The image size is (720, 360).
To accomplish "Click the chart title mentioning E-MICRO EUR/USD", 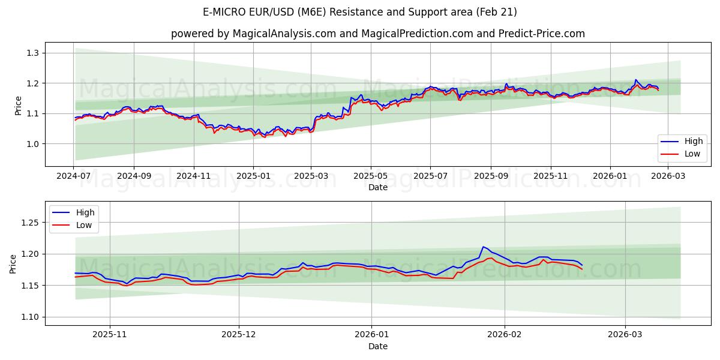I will coord(360,12).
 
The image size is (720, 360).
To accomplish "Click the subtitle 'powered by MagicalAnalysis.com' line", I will coord(378,34).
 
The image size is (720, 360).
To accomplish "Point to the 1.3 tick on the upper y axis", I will coord(32,53).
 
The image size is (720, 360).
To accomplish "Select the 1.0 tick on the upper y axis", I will coord(32,144).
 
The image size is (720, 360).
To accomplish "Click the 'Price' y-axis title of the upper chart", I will coord(18,106).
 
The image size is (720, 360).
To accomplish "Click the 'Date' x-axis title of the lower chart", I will coord(378,346).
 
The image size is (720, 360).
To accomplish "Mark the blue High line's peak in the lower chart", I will coord(483,247).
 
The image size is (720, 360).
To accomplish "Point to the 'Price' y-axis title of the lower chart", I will coord(13,263).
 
